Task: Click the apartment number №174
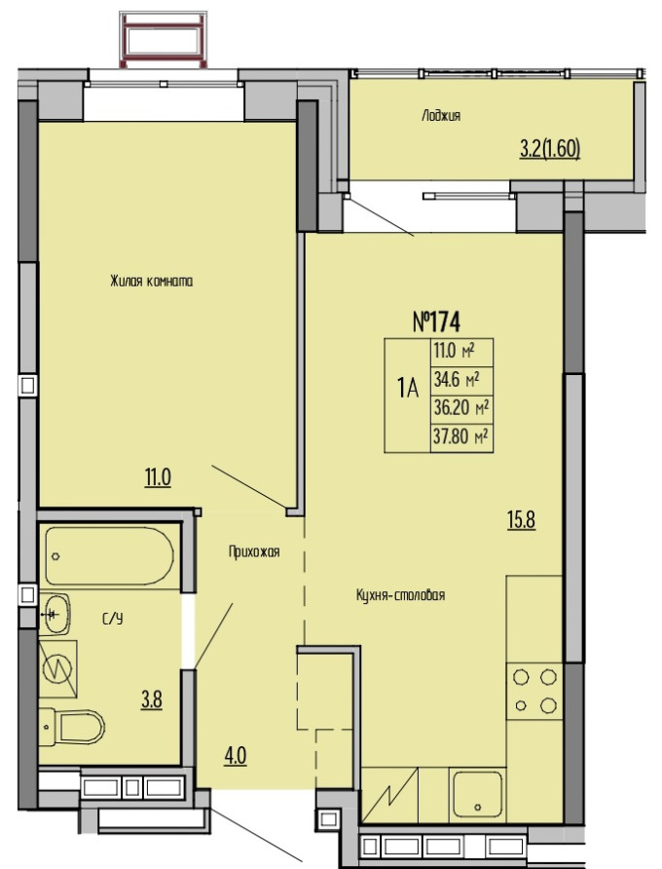[x=436, y=321]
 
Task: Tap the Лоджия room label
[x=441, y=116]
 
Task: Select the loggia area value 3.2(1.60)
[x=549, y=149]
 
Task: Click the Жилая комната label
[x=151, y=282]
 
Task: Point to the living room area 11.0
[x=158, y=477]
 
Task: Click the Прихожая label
[x=254, y=551]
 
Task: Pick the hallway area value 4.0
[x=235, y=755]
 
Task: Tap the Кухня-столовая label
[x=400, y=595]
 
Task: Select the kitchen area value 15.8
[x=521, y=520]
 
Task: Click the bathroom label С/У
[x=113, y=619]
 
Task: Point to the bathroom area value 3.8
[x=151, y=699]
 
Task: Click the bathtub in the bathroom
[x=110, y=556]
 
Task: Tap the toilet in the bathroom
[x=72, y=727]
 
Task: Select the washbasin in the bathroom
[x=55, y=614]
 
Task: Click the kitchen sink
[x=478, y=795]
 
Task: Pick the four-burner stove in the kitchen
[x=534, y=691]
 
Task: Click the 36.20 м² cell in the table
[x=461, y=409]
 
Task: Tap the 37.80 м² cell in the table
[x=461, y=437]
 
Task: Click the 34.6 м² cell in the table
[x=461, y=381]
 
